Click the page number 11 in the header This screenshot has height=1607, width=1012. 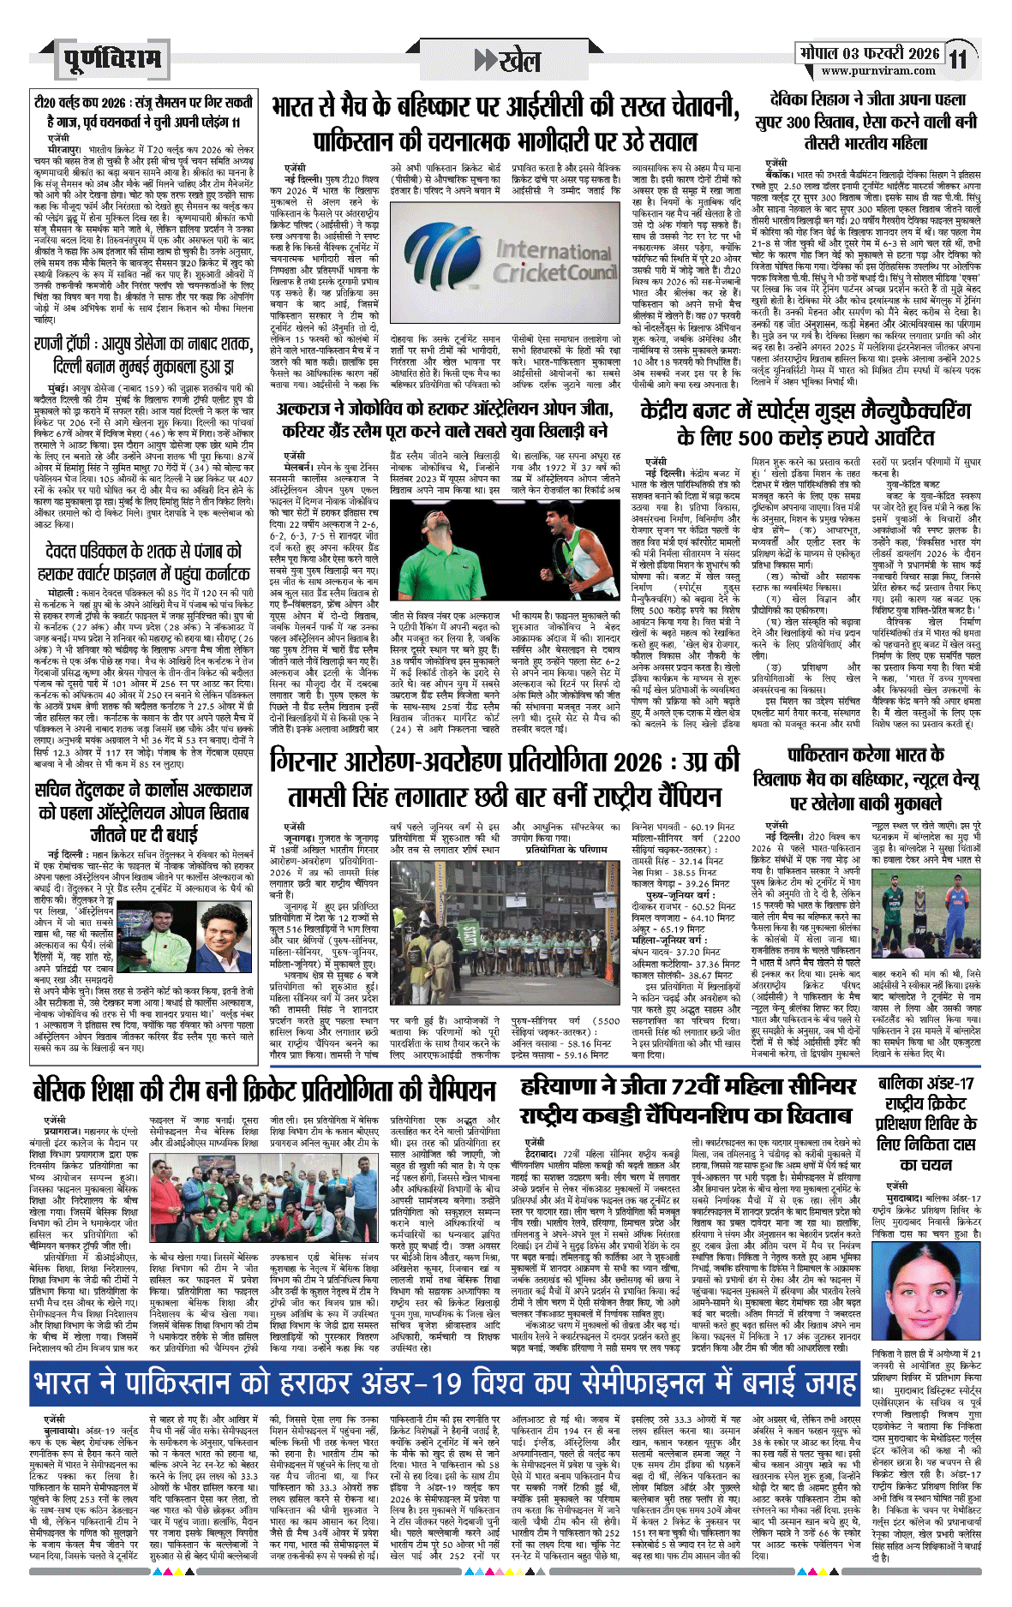click(x=958, y=59)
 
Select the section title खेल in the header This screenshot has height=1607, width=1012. click(x=519, y=61)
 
